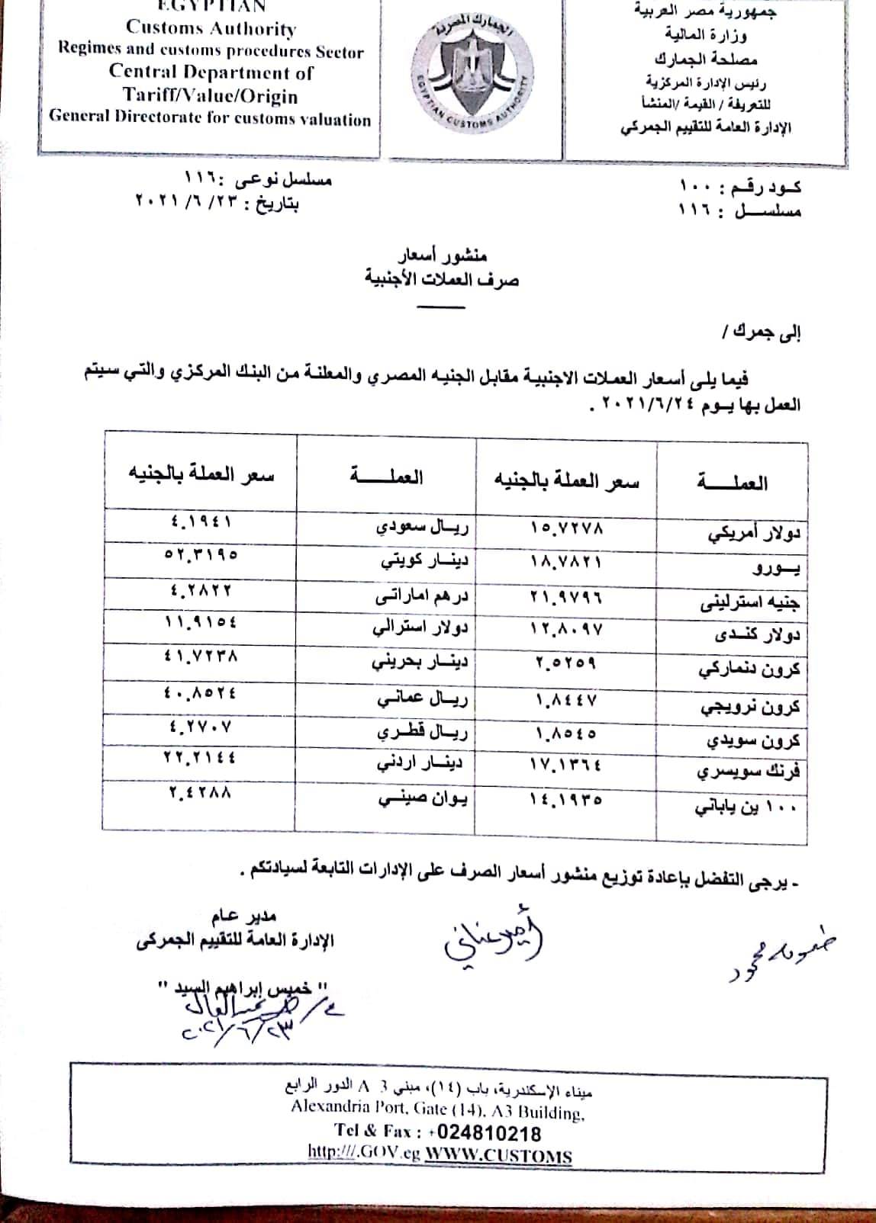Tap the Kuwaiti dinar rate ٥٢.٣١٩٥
pos(201,554)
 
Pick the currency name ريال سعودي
pos(424,527)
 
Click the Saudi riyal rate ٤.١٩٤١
pos(201,522)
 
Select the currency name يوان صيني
pos(424,798)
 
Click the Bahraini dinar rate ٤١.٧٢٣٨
pos(201,654)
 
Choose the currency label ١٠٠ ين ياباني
pos(746,807)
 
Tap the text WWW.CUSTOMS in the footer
pos(498,1156)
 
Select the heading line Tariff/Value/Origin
pos(211,96)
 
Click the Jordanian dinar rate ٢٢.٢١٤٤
pos(201,757)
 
